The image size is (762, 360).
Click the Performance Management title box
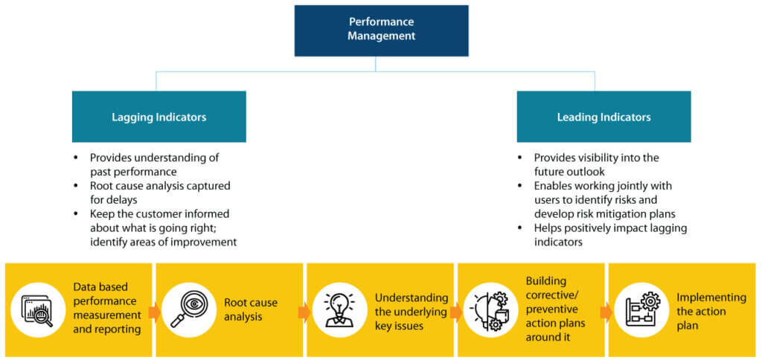381,30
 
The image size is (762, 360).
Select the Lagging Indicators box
159,117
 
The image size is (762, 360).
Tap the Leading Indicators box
603,117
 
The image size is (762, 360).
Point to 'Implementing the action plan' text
711,311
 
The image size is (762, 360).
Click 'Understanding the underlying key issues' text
411,311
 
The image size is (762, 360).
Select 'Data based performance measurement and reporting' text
107,308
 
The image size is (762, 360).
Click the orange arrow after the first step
154,312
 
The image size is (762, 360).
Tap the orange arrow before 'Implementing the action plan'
606,312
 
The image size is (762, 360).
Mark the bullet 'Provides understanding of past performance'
164,164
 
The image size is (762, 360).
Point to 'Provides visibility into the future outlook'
596,164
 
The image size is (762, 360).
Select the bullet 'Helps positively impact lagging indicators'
609,235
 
